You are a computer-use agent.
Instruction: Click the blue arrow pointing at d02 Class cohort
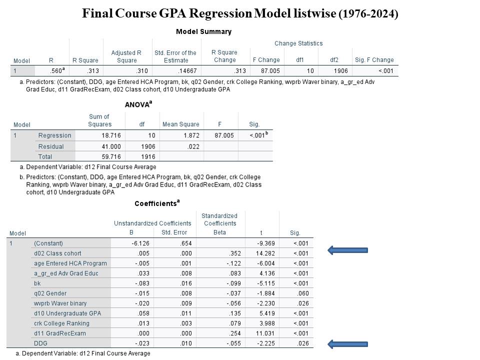pos(347,250)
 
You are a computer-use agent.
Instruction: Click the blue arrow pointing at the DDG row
pos(347,343)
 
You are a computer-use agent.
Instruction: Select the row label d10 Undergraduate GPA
pos(67,313)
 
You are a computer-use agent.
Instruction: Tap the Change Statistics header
pos(298,43)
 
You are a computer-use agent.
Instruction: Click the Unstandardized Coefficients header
pos(152,223)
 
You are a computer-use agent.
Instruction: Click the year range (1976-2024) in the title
pos(368,14)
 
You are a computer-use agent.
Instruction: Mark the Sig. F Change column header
pos(374,60)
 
